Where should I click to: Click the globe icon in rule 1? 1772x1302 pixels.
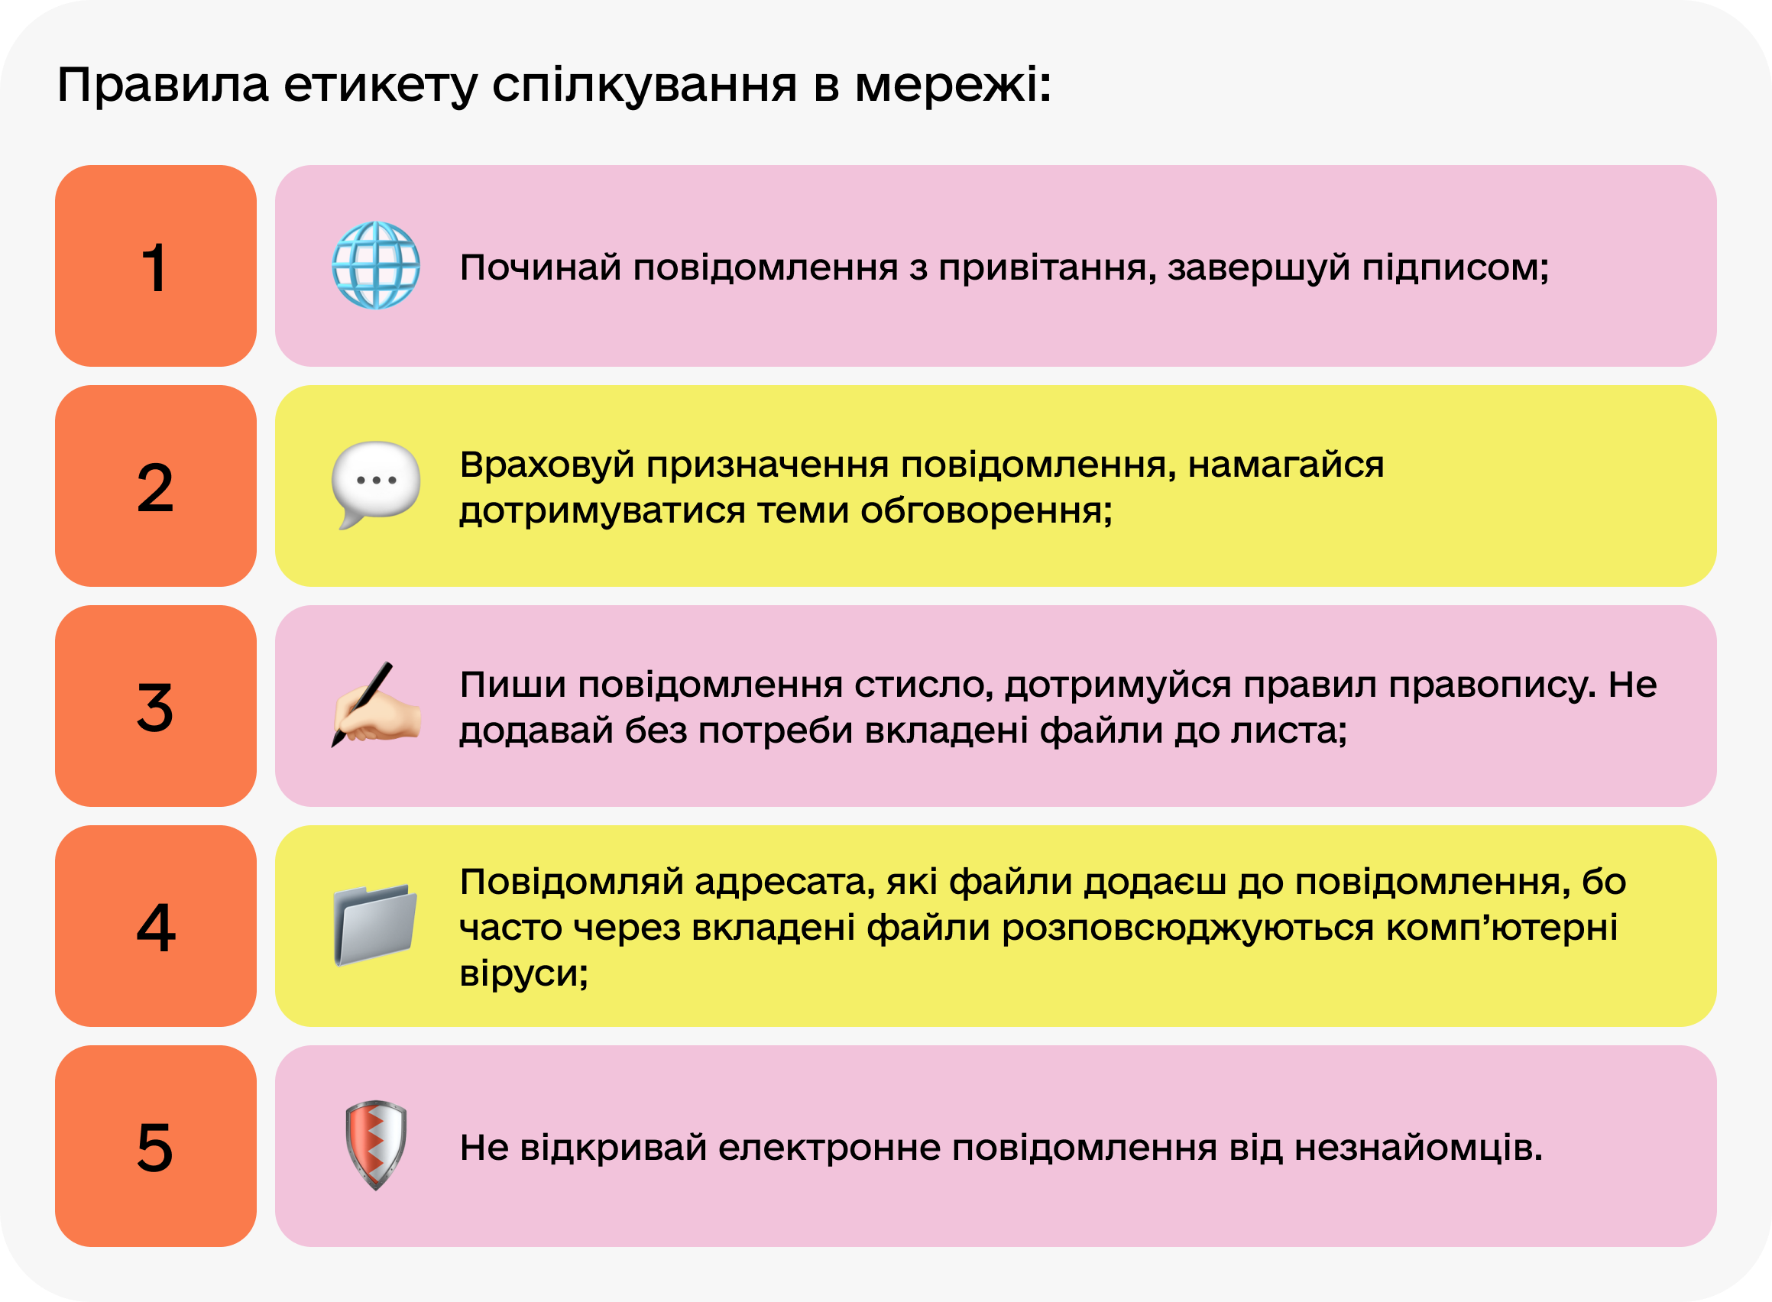click(x=375, y=265)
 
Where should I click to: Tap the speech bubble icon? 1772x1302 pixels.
click(x=375, y=483)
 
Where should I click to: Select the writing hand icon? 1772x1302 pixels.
click(x=375, y=704)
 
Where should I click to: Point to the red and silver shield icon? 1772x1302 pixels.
click(x=376, y=1145)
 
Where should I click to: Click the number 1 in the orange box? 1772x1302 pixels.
click(x=155, y=267)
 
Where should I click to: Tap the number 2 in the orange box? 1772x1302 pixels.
click(x=155, y=487)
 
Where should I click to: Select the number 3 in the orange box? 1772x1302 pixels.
click(x=155, y=707)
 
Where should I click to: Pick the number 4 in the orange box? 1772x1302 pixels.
click(x=155, y=927)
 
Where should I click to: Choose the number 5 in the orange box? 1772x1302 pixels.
click(x=155, y=1148)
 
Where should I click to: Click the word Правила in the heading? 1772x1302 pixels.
click(x=164, y=85)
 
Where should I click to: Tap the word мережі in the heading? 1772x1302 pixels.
click(x=946, y=85)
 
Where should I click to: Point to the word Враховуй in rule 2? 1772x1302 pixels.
click(x=547, y=465)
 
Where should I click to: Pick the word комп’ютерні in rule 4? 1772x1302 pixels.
click(x=1501, y=928)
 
